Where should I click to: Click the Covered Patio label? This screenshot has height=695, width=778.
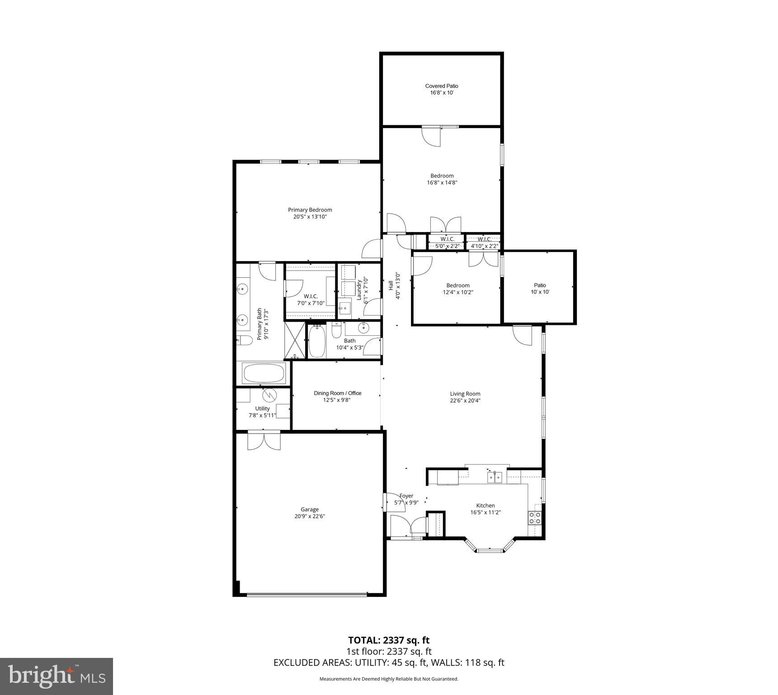pyautogui.click(x=441, y=86)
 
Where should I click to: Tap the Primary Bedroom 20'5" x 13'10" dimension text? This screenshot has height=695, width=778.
pyautogui.click(x=310, y=217)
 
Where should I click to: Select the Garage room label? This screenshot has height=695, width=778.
pyautogui.click(x=310, y=509)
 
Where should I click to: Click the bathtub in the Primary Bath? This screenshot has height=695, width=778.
pyautogui.click(x=264, y=373)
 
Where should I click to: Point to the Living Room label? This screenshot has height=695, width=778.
pyautogui.click(x=465, y=394)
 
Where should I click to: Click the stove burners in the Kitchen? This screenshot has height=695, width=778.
pyautogui.click(x=535, y=518)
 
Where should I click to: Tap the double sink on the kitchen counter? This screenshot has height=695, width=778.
pyautogui.click(x=494, y=477)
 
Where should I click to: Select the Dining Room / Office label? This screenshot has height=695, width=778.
pyautogui.click(x=337, y=393)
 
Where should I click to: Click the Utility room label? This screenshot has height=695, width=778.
pyautogui.click(x=262, y=408)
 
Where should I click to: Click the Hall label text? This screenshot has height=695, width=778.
pyautogui.click(x=390, y=286)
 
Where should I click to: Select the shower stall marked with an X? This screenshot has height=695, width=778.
pyautogui.click(x=295, y=340)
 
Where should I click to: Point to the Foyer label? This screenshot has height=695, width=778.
pyautogui.click(x=406, y=496)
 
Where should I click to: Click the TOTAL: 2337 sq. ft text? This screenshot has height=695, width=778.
pyautogui.click(x=388, y=640)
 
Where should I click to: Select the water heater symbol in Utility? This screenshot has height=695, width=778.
pyautogui.click(x=269, y=395)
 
